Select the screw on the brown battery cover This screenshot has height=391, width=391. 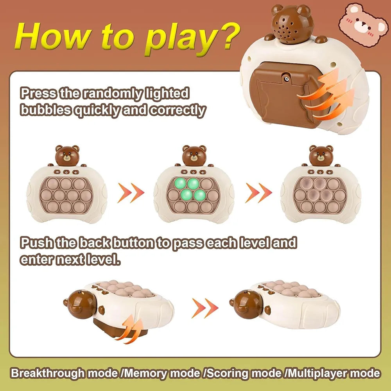pos(287,79)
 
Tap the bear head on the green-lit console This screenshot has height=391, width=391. pos(194,156)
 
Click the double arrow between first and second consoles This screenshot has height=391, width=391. pos(131,193)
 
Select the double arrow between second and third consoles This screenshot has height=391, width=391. pos(258,193)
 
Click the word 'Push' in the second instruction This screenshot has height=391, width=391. pos(37,243)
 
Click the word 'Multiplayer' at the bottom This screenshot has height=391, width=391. pos(316,373)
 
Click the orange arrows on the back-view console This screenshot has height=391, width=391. pos(326,95)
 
